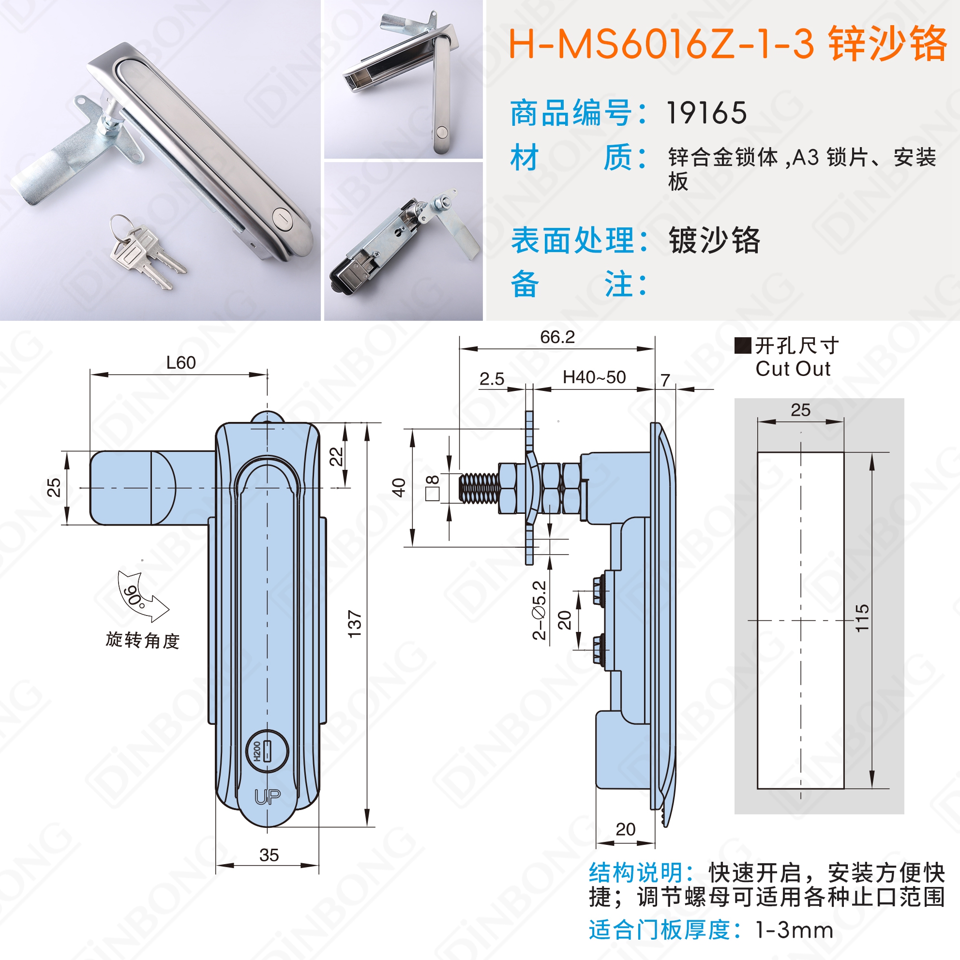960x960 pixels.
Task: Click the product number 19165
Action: click(x=706, y=113)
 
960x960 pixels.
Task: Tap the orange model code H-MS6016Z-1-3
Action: click(x=661, y=44)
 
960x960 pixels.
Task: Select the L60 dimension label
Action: click(x=181, y=363)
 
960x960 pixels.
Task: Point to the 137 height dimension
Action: click(x=354, y=624)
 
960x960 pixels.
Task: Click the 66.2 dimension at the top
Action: click(x=557, y=337)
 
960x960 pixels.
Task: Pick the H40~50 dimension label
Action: click(x=594, y=377)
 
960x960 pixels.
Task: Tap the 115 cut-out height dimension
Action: click(x=862, y=618)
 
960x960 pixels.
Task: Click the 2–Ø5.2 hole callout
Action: click(x=539, y=610)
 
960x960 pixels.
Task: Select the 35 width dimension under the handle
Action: click(x=269, y=855)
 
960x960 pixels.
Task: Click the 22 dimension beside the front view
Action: click(x=336, y=456)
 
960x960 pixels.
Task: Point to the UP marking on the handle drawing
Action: click(x=267, y=797)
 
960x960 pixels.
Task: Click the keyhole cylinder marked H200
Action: click(x=267, y=751)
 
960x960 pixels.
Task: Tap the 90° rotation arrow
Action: click(x=141, y=596)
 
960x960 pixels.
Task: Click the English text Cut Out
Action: click(x=793, y=369)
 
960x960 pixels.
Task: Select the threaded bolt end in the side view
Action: click(x=479, y=488)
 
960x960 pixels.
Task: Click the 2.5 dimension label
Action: click(x=492, y=380)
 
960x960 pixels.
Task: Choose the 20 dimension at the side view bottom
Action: click(x=625, y=829)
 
